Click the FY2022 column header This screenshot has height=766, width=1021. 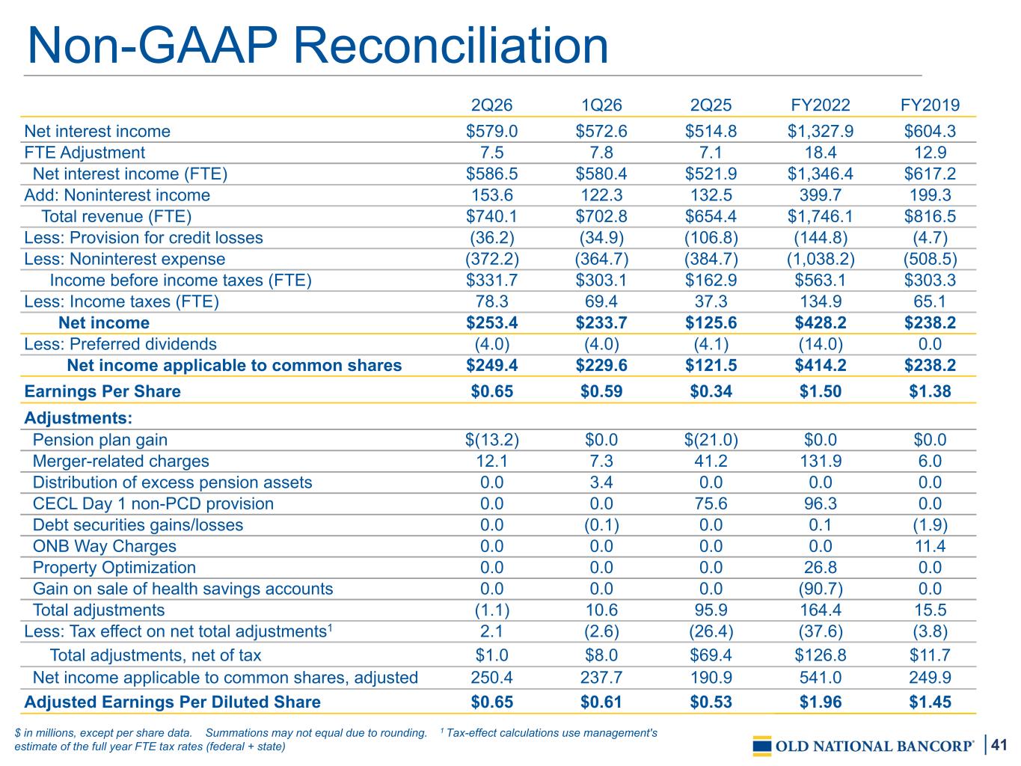click(820, 105)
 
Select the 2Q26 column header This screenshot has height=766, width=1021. click(491, 105)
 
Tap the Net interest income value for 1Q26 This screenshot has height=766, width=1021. click(601, 131)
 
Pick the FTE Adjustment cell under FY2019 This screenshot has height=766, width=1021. click(930, 153)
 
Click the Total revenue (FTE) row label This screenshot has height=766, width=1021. click(117, 216)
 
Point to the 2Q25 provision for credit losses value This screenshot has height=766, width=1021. click(711, 238)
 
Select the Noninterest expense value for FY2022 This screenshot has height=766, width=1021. click(821, 259)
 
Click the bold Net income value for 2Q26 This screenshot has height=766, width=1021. click(491, 322)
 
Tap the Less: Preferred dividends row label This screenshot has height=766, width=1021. click(120, 344)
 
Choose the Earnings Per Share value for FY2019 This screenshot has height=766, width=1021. click(930, 391)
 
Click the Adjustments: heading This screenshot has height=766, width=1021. click(78, 417)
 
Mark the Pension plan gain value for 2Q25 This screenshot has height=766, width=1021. click(711, 440)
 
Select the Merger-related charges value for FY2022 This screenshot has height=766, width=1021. click(821, 461)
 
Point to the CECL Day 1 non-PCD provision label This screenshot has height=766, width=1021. click(153, 503)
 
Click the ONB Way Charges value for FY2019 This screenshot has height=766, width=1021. click(930, 546)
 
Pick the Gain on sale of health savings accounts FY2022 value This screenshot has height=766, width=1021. click(821, 589)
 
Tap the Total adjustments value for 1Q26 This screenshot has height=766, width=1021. click(601, 610)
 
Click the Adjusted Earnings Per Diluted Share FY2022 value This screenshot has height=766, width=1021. click(821, 702)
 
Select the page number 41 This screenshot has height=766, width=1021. click(999, 745)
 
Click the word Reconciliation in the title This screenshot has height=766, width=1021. click(451, 46)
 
